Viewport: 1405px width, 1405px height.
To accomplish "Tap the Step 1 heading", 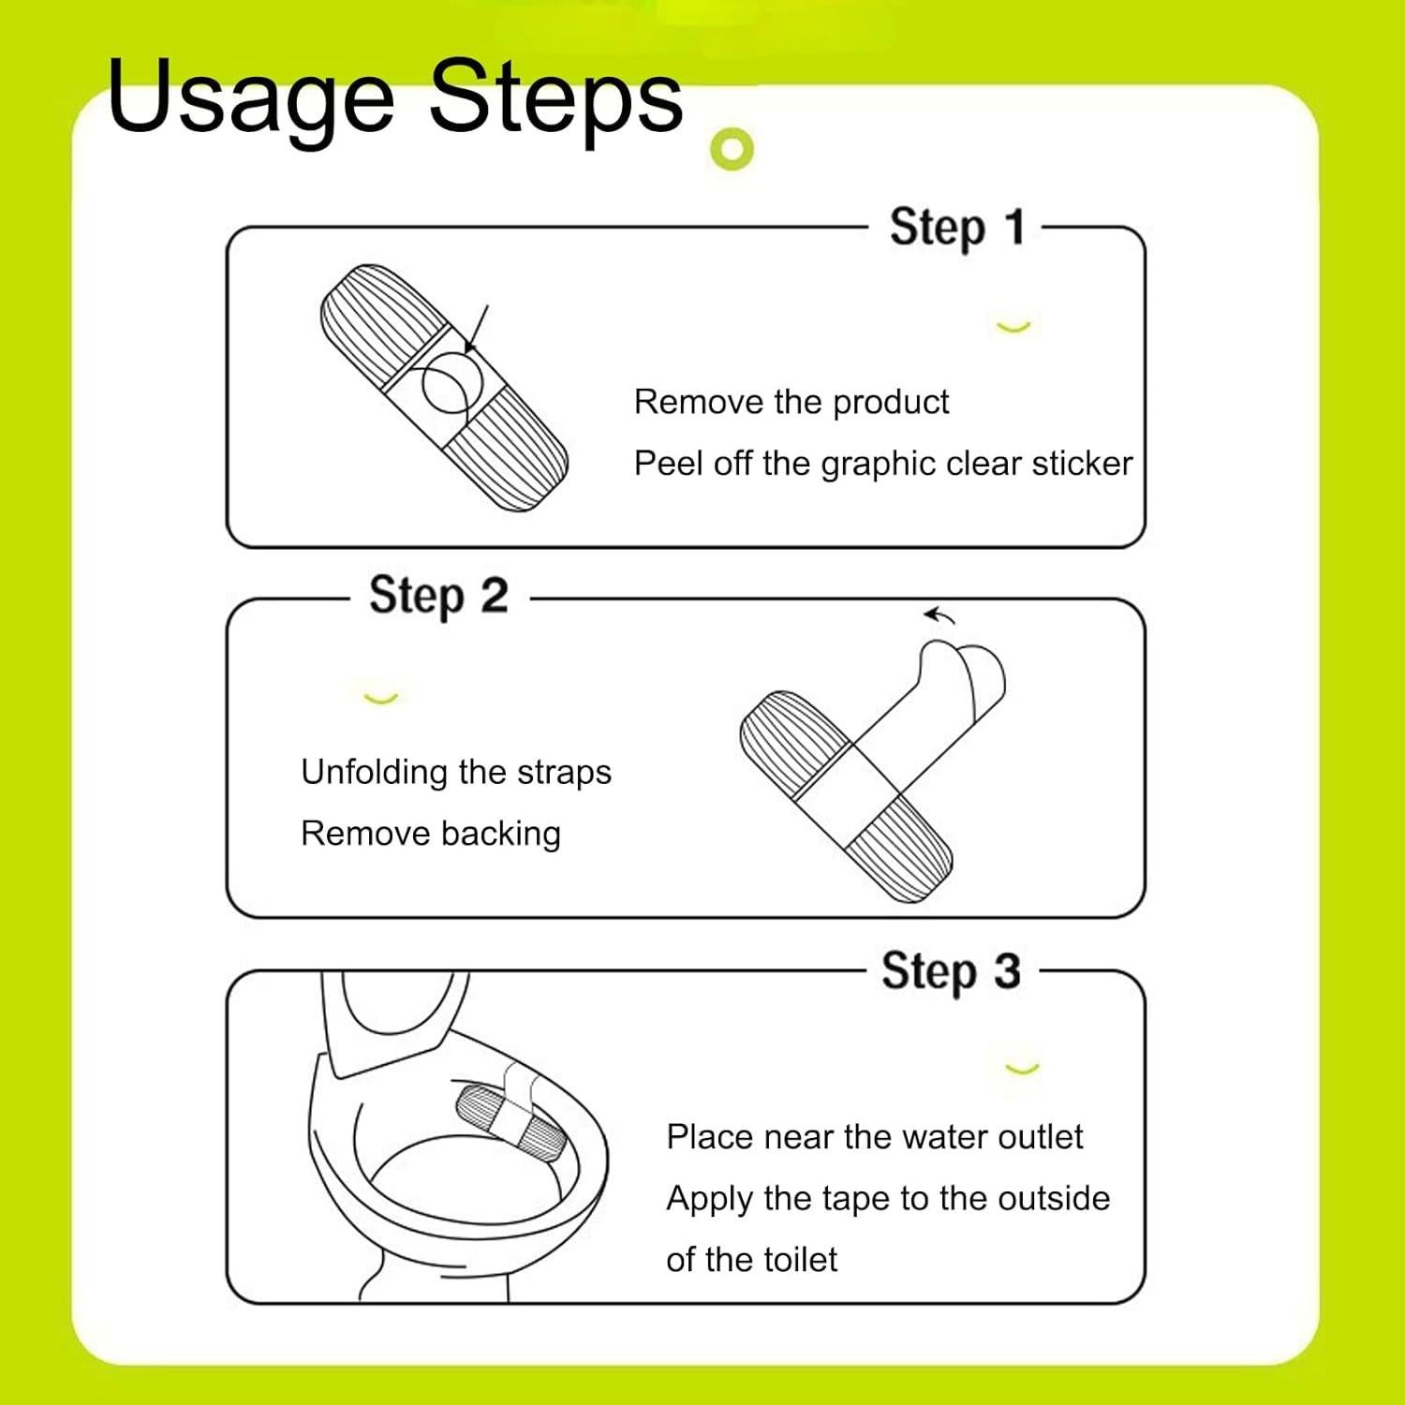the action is pos(957,228).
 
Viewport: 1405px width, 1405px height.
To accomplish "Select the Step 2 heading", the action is pos(438,596).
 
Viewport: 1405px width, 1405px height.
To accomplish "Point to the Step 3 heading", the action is pos(951,971).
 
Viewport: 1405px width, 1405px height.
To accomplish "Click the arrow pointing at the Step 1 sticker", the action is pos(476,329).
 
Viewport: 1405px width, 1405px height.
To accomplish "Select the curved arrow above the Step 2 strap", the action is pos(939,615).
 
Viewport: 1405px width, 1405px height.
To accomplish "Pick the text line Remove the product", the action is pos(791,402).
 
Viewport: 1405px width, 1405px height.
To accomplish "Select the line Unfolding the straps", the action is pos(456,773).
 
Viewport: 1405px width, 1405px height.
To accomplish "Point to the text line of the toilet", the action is pos(751,1260).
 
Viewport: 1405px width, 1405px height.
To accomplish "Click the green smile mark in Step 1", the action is pos(1013,327).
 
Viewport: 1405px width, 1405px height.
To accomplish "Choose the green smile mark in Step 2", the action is pos(380,698).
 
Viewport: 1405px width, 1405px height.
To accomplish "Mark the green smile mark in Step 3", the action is pos(1022,1069).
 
